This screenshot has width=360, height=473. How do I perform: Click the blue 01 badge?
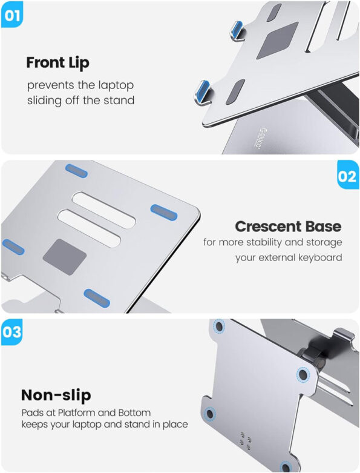pyautogui.click(x=11, y=15)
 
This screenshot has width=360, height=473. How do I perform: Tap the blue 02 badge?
pyautogui.click(x=347, y=177)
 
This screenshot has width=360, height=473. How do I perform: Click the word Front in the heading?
pyautogui.click(x=46, y=62)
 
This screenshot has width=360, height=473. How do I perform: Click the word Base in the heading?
pyautogui.click(x=324, y=227)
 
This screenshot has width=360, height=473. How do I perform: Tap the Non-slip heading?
pyautogui.click(x=56, y=395)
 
